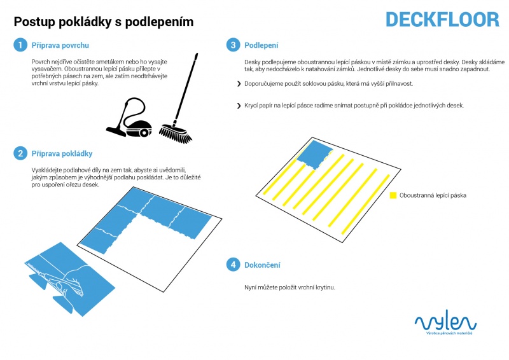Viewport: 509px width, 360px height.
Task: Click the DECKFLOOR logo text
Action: click(x=442, y=20)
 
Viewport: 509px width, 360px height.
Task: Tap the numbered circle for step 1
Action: click(x=20, y=45)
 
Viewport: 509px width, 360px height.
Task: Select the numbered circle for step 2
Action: click(x=20, y=153)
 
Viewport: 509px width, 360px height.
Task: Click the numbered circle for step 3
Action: click(x=233, y=45)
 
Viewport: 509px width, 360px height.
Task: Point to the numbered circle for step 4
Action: click(x=233, y=265)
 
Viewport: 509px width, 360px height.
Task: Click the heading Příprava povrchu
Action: click(x=60, y=45)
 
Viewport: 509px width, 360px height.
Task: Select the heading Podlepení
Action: click(x=261, y=45)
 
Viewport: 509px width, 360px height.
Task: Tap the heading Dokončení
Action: click(x=262, y=265)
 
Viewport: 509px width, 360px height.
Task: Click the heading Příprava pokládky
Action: click(x=62, y=153)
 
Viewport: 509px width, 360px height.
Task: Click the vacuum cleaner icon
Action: click(x=130, y=118)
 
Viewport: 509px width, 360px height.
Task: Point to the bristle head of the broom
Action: click(x=176, y=133)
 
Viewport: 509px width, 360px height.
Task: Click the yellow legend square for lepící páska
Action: click(x=393, y=195)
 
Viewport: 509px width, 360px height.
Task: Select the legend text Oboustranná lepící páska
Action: click(x=433, y=195)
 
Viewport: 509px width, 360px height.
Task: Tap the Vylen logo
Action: click(x=445, y=322)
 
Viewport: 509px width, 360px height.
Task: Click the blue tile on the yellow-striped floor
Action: click(x=314, y=154)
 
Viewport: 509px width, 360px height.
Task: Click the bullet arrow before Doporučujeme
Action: click(x=239, y=84)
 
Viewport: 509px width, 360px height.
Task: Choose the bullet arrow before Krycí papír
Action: click(x=239, y=106)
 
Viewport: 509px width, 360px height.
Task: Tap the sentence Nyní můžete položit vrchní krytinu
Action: click(x=289, y=287)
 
